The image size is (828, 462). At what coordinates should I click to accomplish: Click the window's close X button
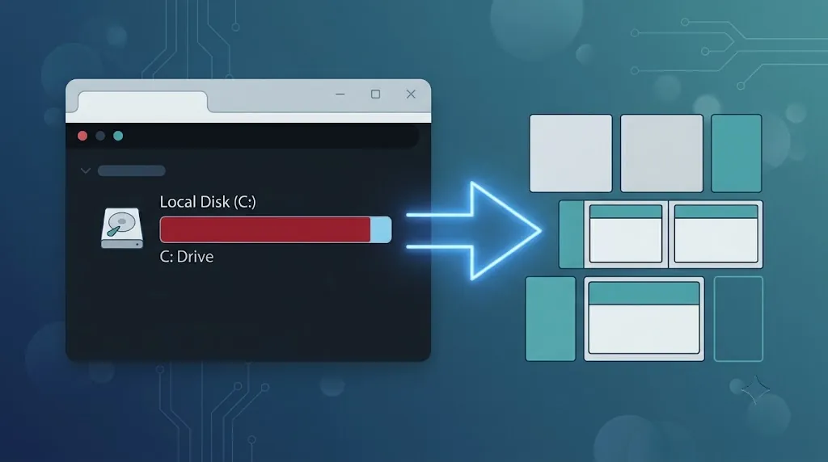pyautogui.click(x=411, y=94)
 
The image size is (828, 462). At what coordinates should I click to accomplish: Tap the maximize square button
pyautogui.click(x=375, y=94)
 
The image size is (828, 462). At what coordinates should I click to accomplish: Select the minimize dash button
pyautogui.click(x=340, y=94)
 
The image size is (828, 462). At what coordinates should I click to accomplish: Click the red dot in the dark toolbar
pyautogui.click(x=82, y=136)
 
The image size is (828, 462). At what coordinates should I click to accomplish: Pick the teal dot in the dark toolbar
pyautogui.click(x=118, y=136)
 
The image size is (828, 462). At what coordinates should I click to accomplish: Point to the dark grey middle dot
pyautogui.click(x=100, y=136)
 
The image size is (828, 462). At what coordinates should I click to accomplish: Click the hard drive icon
pyautogui.click(x=122, y=228)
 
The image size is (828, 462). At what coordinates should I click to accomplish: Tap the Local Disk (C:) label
pyautogui.click(x=208, y=202)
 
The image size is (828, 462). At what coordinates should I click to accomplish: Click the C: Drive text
pyautogui.click(x=187, y=257)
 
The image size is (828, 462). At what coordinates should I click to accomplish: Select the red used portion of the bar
pyautogui.click(x=265, y=229)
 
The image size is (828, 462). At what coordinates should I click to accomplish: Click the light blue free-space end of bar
pyautogui.click(x=381, y=229)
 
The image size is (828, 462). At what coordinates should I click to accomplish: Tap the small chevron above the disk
pyautogui.click(x=86, y=171)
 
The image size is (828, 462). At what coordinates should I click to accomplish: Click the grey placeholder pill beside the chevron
pyautogui.click(x=132, y=171)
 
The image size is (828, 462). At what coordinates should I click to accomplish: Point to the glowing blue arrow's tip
pyautogui.click(x=541, y=230)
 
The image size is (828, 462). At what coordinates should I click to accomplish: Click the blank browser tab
pyautogui.click(x=142, y=102)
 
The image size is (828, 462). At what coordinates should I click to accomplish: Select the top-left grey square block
pyautogui.click(x=571, y=153)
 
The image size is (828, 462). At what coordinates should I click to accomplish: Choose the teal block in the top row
pyautogui.click(x=736, y=153)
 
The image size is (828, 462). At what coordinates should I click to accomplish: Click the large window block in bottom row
pyautogui.click(x=644, y=318)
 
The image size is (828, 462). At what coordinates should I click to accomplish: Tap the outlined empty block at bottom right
pyautogui.click(x=738, y=318)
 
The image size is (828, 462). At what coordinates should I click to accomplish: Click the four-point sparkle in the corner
pyautogui.click(x=756, y=389)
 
